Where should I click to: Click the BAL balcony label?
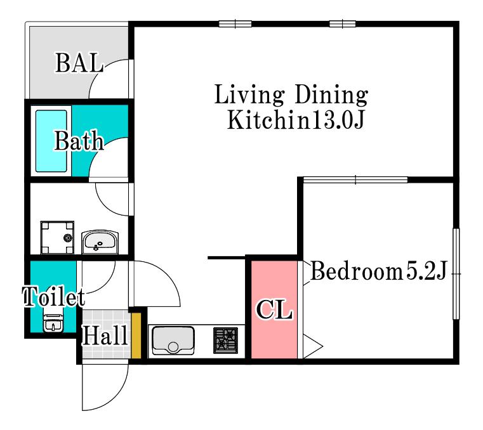79,63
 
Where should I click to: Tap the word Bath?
79,141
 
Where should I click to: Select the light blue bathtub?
51,141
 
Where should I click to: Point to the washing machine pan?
57,237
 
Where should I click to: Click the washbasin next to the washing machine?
100,242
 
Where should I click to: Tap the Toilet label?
54,297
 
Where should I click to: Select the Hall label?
105,335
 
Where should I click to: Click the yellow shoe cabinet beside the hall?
136,336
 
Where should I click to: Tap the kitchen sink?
173,341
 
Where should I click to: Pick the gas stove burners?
226,341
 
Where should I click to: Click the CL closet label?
274,309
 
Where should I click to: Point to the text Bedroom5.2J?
378,271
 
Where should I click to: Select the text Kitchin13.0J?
296,120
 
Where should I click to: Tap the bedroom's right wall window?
456,273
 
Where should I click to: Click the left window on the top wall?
235,23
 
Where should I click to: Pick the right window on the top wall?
343,23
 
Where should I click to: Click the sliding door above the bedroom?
355,179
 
